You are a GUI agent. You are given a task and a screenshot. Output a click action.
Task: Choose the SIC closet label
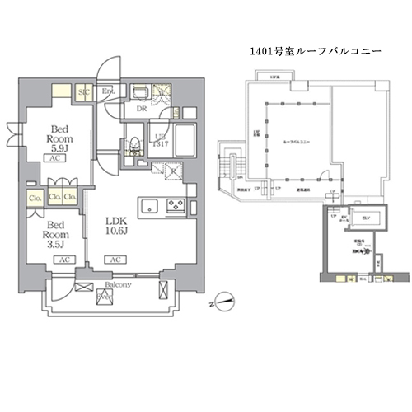pyautogui.click(x=83, y=92)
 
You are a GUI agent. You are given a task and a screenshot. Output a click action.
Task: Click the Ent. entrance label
pyautogui.click(x=109, y=92)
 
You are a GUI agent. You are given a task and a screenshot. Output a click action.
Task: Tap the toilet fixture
pyautogui.click(x=132, y=147)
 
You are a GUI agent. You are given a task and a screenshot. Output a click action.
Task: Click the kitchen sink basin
pyautogui.click(x=149, y=205)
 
